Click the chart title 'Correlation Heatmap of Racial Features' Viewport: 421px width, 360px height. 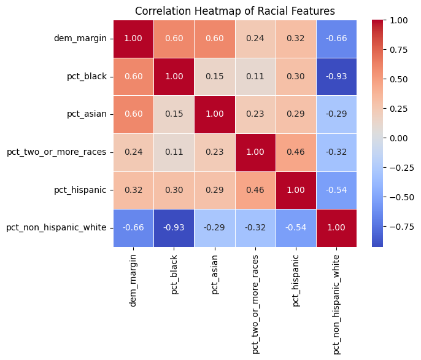coord(235,10)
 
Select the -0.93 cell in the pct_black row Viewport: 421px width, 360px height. coord(336,76)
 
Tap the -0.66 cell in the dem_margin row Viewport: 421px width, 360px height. coord(336,38)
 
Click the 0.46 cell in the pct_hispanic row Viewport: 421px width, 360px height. coord(255,190)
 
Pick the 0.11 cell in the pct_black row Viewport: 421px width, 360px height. coord(255,76)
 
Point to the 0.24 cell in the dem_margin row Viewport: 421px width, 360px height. coord(255,38)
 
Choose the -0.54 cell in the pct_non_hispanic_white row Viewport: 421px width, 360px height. coord(296,228)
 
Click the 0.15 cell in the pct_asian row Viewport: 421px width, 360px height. coord(174,114)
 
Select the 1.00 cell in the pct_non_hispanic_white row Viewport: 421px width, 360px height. coord(336,228)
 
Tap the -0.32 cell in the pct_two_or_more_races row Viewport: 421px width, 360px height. coord(336,152)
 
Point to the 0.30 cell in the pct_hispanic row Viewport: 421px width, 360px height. coord(174,190)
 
